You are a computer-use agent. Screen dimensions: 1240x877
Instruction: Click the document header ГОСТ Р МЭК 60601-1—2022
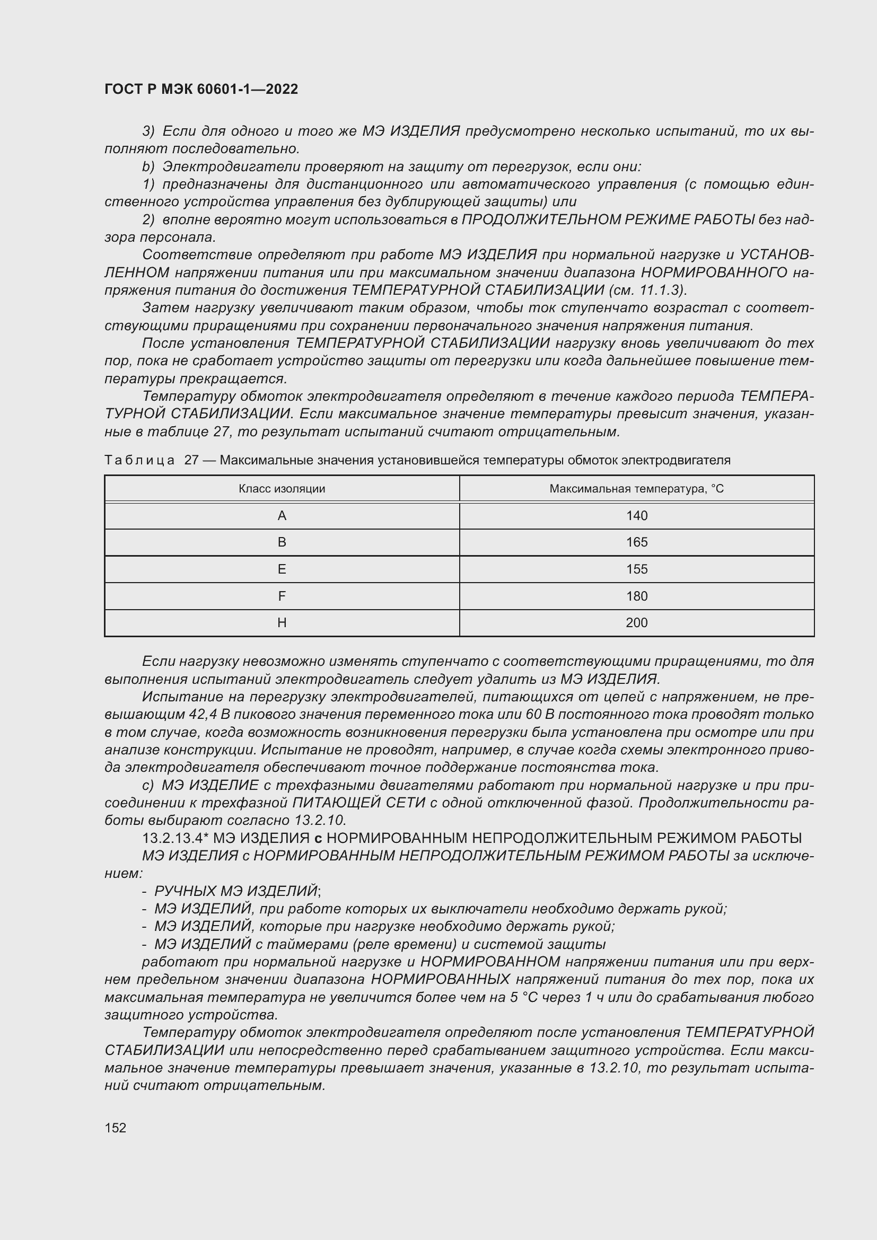(201, 89)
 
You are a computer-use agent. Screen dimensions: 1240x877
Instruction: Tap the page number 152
(115, 1127)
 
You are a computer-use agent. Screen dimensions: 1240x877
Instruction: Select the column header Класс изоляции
(282, 489)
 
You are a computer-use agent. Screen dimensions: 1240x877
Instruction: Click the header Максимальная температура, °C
(636, 489)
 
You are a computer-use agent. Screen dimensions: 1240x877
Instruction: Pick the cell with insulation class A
(282, 516)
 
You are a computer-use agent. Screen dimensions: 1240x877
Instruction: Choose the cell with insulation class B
(282, 542)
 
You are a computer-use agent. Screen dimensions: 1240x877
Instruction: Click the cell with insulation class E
(282, 569)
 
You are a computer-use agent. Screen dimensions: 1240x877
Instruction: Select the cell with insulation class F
(282, 596)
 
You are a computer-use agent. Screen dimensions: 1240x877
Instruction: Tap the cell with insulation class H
(282, 623)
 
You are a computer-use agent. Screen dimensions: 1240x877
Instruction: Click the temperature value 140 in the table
(636, 516)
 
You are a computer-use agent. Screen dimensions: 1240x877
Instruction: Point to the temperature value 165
(636, 542)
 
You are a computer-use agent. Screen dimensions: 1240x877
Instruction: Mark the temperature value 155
(636, 569)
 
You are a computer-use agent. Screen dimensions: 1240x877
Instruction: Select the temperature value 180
(636, 596)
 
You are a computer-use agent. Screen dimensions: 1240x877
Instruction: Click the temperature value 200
(636, 623)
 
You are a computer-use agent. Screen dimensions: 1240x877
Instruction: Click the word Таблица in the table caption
(139, 460)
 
